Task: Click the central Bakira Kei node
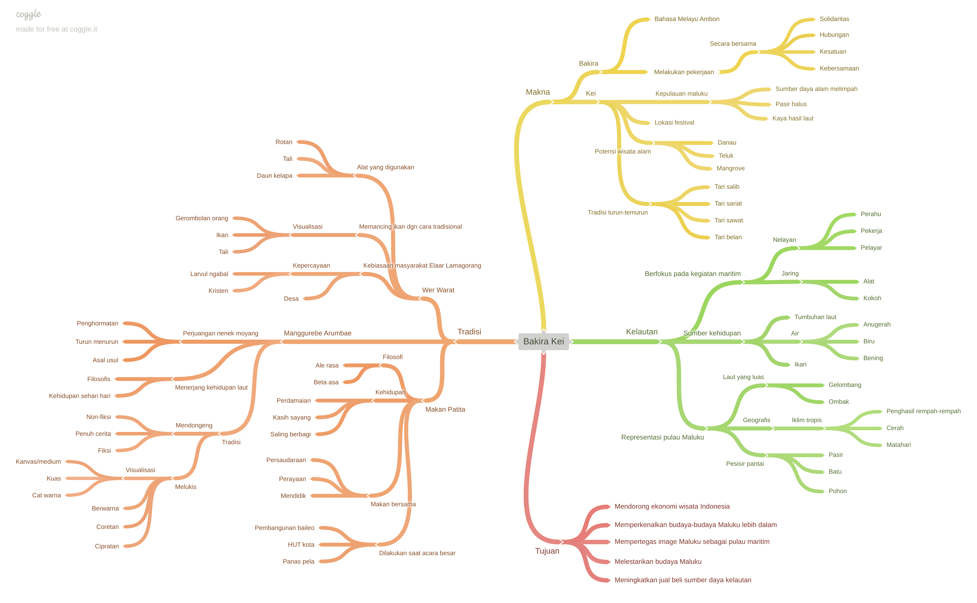pos(543,341)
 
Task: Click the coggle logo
pos(28,14)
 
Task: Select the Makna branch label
pos(538,92)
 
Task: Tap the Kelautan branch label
pos(641,332)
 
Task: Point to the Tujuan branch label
pos(547,551)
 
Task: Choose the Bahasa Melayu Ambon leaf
pos(687,19)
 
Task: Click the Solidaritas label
pos(834,19)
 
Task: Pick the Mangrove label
pos(730,168)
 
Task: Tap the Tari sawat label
pos(728,220)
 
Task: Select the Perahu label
pos(871,214)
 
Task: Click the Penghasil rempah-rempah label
pos(923,411)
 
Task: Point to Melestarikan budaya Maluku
pos(658,561)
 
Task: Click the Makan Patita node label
pos(445,410)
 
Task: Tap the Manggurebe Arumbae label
pos(317,333)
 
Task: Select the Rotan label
pos(283,142)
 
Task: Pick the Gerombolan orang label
pos(201,218)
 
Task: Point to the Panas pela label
pos(298,561)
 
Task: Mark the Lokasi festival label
pos(674,123)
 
